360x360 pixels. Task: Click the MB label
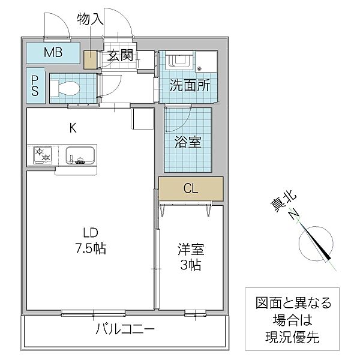(x=52, y=52)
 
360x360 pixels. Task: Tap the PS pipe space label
(x=35, y=84)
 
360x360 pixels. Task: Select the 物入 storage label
(x=90, y=19)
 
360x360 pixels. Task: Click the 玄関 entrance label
(x=120, y=57)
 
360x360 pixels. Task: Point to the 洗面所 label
(x=190, y=85)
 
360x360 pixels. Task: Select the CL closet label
(x=191, y=189)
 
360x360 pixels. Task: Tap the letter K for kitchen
(x=73, y=127)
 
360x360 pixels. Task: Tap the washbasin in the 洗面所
(x=178, y=60)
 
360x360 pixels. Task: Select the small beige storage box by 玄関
(x=90, y=60)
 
